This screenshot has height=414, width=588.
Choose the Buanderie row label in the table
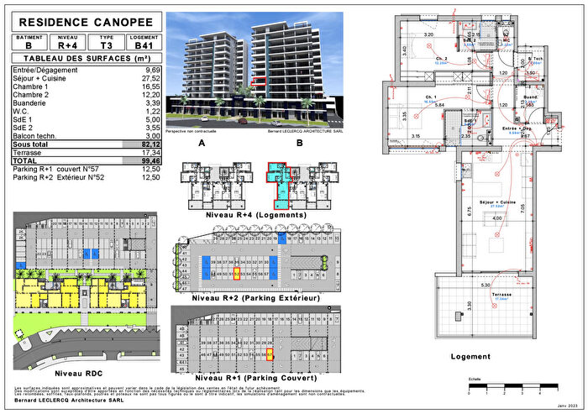[34, 102]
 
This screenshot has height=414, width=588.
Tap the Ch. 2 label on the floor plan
[440, 59]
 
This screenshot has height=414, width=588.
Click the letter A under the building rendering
[202, 144]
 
